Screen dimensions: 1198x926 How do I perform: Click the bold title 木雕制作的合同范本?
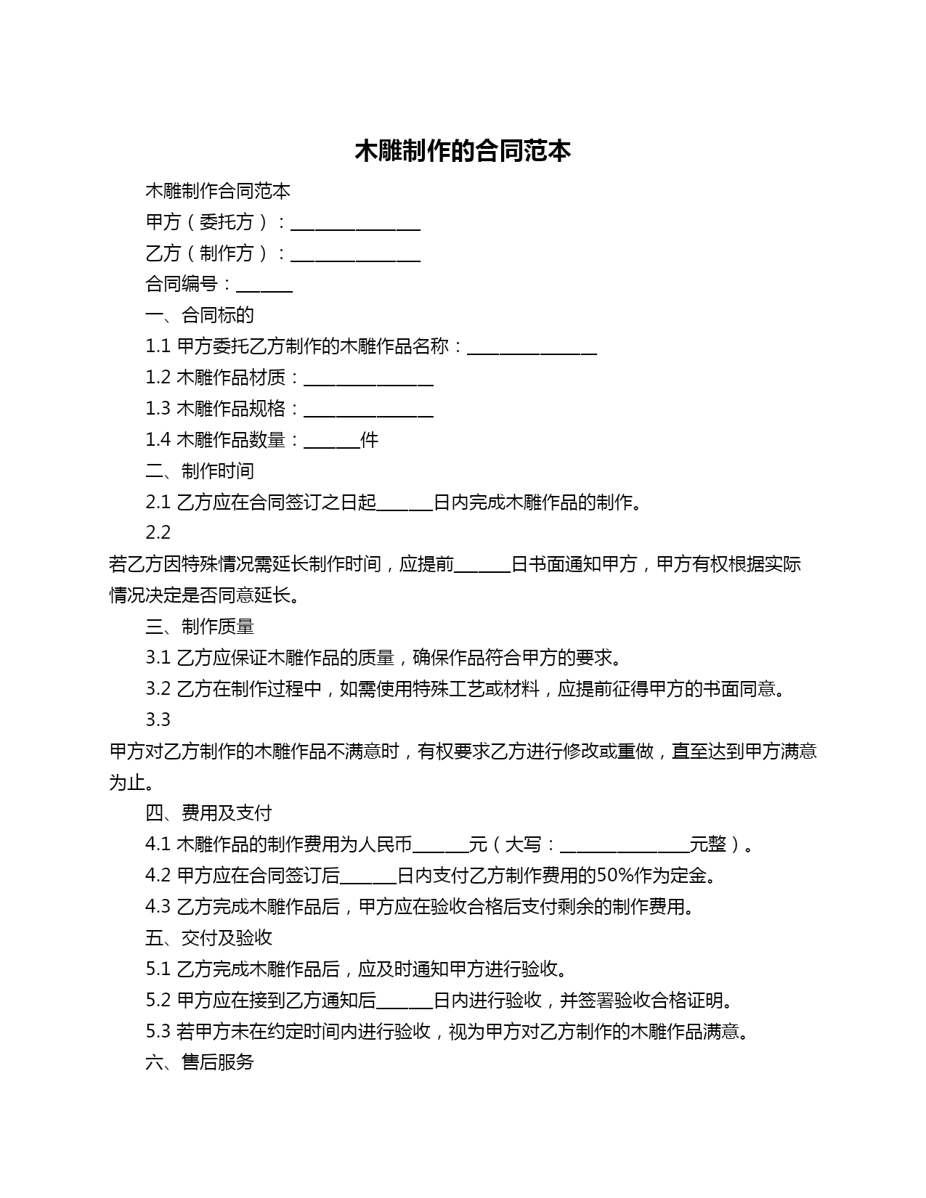click(463, 150)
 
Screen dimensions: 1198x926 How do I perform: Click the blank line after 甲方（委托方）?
click(355, 224)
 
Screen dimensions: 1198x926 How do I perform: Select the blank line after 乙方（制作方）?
click(355, 255)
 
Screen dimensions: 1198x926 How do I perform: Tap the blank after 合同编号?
click(264, 286)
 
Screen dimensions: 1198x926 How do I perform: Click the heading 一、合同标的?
click(200, 315)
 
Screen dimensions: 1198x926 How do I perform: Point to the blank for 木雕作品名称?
click(532, 349)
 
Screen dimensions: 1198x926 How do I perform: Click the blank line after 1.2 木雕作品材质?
click(368, 380)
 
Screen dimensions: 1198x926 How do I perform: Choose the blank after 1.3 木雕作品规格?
click(368, 411)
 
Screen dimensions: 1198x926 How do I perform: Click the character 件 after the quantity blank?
click(370, 440)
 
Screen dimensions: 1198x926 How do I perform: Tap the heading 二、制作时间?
click(200, 471)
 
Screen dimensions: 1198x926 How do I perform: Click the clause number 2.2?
click(158, 533)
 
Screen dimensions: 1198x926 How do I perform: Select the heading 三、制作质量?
click(200, 627)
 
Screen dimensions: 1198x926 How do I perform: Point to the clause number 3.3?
click(158, 720)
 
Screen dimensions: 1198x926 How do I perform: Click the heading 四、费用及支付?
click(208, 813)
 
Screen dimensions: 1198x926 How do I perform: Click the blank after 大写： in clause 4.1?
click(625, 847)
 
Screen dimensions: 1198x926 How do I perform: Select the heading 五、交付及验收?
click(208, 938)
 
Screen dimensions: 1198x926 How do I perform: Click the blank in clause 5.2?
click(405, 1003)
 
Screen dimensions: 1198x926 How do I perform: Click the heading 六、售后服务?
click(200, 1063)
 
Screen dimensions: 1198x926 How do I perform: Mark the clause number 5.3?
click(158, 1032)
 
